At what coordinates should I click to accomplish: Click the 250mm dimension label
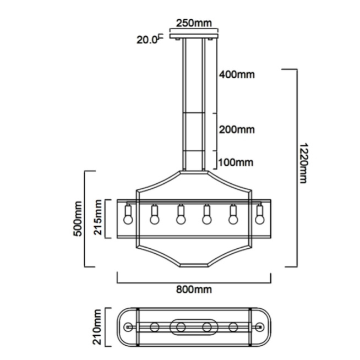pos(194,23)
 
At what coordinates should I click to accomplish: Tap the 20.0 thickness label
pos(147,40)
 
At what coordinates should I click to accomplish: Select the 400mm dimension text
pos(237,75)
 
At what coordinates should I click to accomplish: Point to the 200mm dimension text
pos(237,130)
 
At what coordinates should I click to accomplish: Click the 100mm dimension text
pos(236,162)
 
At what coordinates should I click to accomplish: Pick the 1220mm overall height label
pos(303,163)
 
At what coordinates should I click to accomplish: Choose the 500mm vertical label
pos(78,219)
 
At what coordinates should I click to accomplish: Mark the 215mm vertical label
pos(97,217)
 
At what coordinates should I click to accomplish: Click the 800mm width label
pos(194,290)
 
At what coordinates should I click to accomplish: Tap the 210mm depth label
pos(97,327)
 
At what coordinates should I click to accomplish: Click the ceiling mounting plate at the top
pos(194,36)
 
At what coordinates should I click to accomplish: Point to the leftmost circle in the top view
pos(128,327)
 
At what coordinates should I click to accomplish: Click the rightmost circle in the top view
pos(260,327)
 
